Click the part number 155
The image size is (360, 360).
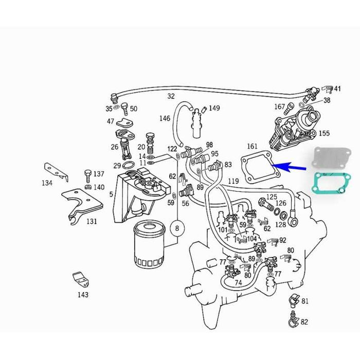(324, 133)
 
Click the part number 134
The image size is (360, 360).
(47, 183)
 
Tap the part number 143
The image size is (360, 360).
(83, 295)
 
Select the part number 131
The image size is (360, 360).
(92, 222)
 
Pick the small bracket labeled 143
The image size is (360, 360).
(80, 280)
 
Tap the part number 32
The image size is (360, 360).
(171, 96)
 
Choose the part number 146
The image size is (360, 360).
(165, 118)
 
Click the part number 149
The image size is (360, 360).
(214, 108)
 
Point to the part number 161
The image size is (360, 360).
(252, 147)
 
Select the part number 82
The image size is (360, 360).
(304, 322)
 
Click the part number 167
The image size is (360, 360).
(279, 107)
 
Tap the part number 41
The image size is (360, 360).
(337, 89)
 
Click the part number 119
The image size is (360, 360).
(233, 181)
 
